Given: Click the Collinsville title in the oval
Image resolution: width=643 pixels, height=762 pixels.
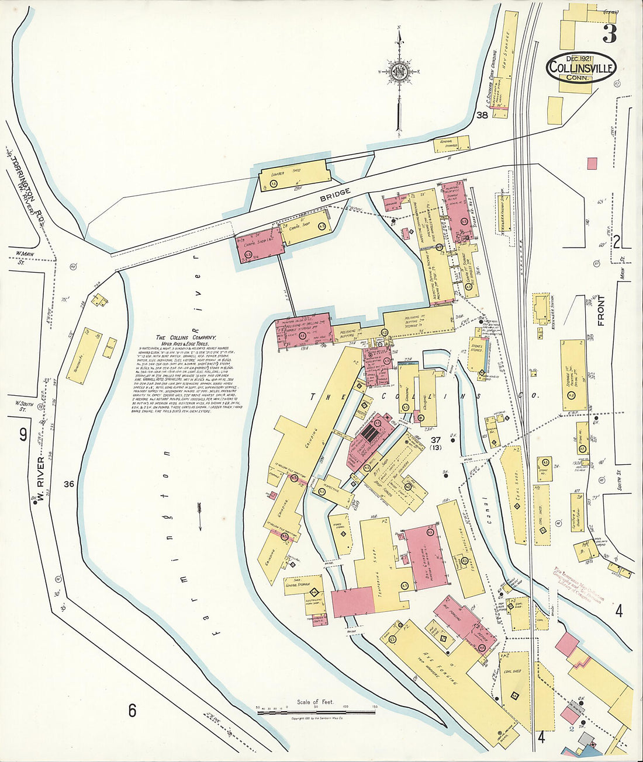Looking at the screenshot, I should point(581,68).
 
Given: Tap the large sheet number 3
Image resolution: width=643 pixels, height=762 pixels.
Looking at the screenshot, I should point(609,34).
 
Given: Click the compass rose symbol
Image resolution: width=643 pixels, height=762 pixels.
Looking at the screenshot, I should point(400,72).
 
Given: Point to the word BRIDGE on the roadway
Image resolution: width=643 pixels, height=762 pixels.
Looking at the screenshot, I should point(336,195).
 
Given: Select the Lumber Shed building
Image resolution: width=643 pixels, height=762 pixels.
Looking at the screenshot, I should point(295,176).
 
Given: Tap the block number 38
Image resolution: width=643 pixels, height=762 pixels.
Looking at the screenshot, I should point(482,115).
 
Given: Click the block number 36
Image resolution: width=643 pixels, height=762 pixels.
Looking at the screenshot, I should point(69,483).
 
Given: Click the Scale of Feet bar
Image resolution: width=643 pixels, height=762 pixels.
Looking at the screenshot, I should point(316,711).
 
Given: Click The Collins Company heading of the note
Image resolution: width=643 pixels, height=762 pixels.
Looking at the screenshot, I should point(186,337).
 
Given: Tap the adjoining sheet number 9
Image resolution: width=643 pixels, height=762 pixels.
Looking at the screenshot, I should point(23,435).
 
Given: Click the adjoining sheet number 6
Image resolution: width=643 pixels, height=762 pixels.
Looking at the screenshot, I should point(133,711).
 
